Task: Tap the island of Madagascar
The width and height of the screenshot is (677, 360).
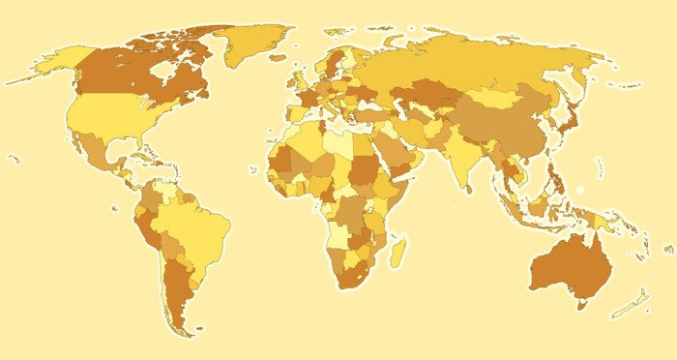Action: coord(397,253)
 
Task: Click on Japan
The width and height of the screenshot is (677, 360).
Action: coord(568,122)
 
